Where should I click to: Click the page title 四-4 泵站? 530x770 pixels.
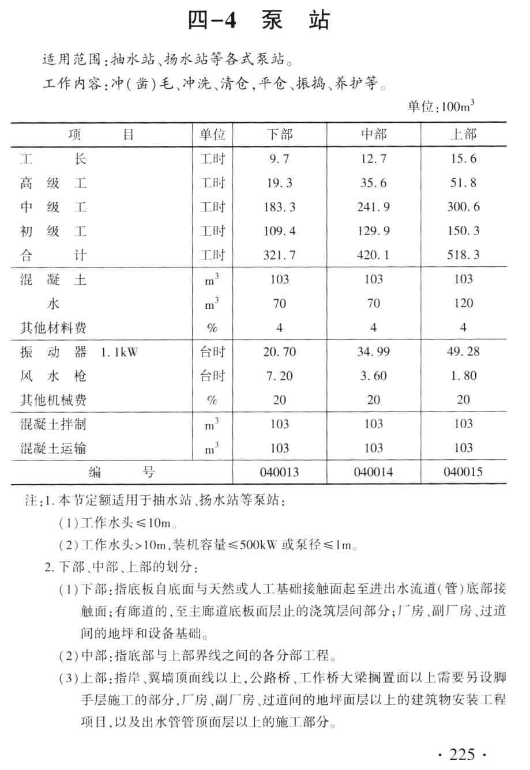click(x=259, y=21)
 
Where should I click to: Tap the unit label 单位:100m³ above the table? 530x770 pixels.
click(x=441, y=107)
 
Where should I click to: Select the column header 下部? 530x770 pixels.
click(x=280, y=135)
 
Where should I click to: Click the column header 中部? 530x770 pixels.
click(x=374, y=135)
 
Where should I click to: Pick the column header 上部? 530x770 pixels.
click(x=463, y=135)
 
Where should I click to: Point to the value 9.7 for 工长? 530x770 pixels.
click(x=279, y=159)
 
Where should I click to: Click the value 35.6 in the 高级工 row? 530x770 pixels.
click(x=374, y=183)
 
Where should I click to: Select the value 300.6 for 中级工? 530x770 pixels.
click(x=463, y=207)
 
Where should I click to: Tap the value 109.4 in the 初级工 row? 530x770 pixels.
click(x=279, y=231)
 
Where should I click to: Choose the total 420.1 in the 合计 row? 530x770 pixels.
click(x=374, y=255)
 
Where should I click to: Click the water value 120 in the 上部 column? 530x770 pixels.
click(x=463, y=303)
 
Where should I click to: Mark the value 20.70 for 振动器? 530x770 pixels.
click(x=279, y=352)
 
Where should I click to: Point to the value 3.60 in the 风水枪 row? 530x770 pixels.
click(x=374, y=376)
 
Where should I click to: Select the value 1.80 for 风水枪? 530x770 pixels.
click(x=463, y=376)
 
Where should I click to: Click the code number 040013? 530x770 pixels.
click(x=279, y=472)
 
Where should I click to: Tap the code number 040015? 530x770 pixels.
click(x=463, y=472)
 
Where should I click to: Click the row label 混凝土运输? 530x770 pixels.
click(x=54, y=448)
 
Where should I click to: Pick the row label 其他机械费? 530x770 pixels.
click(x=54, y=400)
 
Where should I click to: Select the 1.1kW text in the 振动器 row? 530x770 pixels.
click(x=119, y=352)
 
